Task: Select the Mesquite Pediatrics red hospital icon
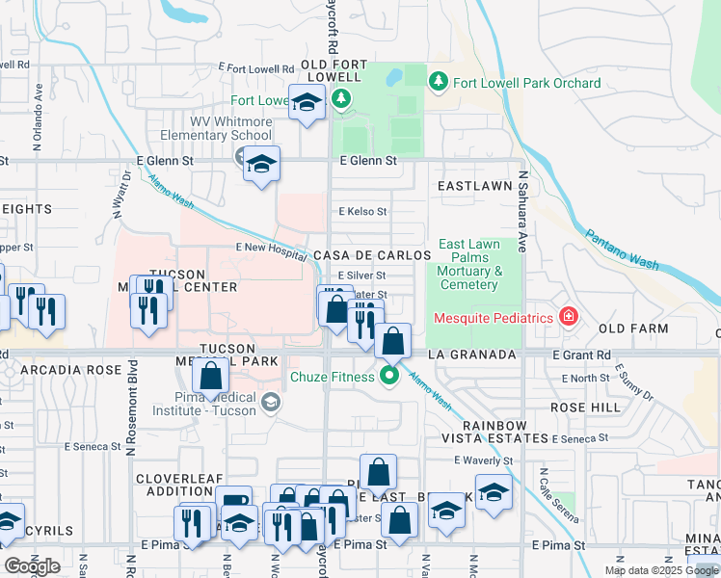(x=569, y=316)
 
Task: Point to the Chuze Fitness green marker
(x=389, y=376)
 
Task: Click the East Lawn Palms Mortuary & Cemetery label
(x=469, y=264)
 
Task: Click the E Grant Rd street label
(x=582, y=355)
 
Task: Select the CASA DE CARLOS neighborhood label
(x=372, y=255)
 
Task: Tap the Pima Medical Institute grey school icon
(x=271, y=403)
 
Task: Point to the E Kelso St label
(x=362, y=212)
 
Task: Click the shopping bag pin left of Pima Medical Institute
(x=210, y=379)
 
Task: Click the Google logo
(x=33, y=566)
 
